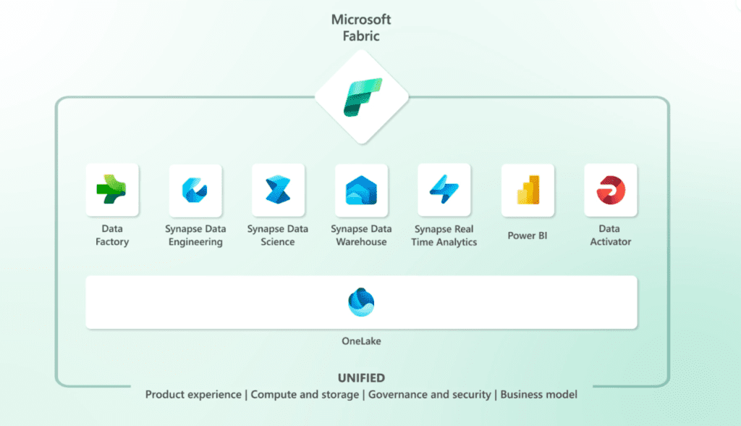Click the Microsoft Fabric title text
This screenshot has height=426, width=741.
pos(361,26)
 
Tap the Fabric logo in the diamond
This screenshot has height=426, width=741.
pos(362,97)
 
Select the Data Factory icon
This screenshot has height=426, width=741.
pos(112,190)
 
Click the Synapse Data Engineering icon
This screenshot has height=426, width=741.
pos(195,191)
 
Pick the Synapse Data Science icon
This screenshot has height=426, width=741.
pos(278,191)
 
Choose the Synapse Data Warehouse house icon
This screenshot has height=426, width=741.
pos(361,191)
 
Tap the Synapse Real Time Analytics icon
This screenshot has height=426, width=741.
pos(444,190)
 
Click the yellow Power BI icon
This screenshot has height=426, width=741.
pos(528,190)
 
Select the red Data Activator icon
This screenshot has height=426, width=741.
pos(611,190)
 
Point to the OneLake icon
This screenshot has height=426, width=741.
pos(361,302)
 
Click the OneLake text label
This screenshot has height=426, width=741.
pos(361,341)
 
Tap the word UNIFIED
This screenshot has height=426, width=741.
pos(361,378)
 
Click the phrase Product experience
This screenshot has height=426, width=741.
pos(193,395)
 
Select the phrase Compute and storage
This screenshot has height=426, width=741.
pos(305,395)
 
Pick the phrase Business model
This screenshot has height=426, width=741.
pos(538,395)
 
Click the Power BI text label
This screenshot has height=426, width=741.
pos(528,235)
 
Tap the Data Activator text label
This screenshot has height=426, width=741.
pos(611,235)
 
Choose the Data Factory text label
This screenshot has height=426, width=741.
pos(112,235)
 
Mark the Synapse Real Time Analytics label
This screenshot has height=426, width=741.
pos(444,235)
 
